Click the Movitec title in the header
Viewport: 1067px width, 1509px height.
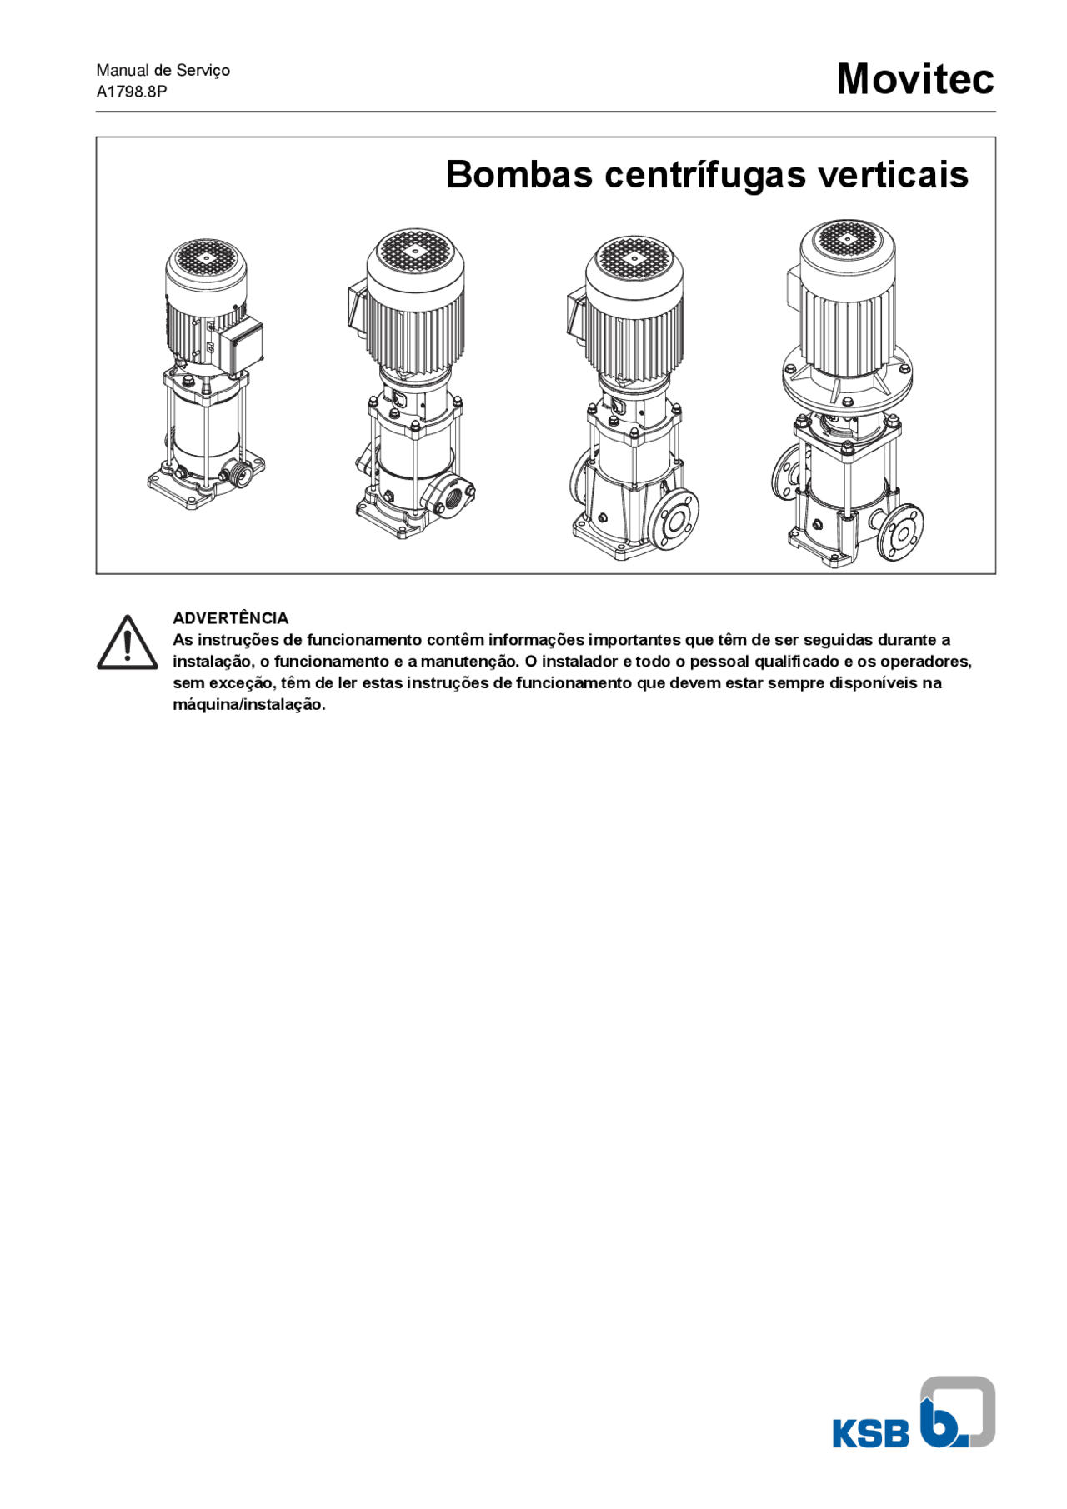click(914, 79)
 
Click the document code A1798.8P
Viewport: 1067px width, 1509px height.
click(132, 92)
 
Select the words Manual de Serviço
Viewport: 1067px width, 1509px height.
click(163, 70)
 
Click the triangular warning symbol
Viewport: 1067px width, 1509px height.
click(127, 643)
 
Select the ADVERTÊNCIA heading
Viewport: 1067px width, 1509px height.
click(230, 618)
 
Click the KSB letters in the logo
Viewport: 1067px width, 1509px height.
click(870, 1434)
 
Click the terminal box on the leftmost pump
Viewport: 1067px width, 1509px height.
click(241, 344)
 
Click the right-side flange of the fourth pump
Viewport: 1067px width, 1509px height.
click(901, 532)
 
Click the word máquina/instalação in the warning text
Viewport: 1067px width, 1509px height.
click(248, 705)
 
